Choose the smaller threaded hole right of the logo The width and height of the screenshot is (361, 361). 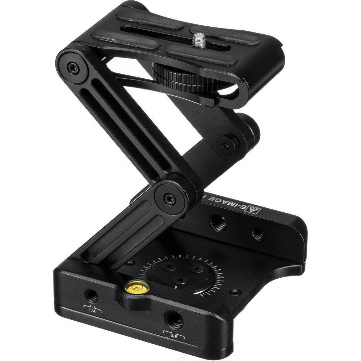[257, 234]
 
